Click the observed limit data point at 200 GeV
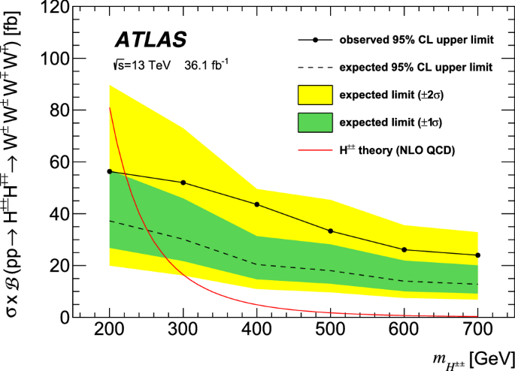(x=110, y=171)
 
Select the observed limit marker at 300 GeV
(x=183, y=182)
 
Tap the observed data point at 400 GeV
(x=257, y=204)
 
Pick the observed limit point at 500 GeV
(x=331, y=231)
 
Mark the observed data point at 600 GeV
(x=404, y=249)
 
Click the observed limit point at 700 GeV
(x=477, y=255)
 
